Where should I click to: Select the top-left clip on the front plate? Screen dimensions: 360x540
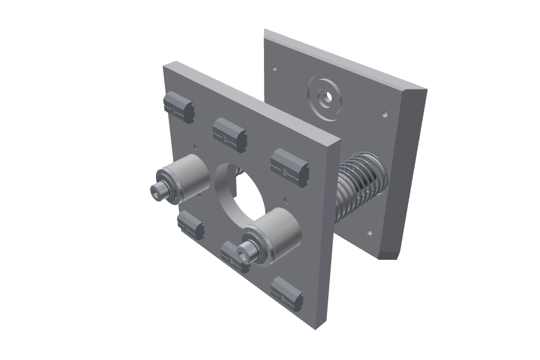click(179, 107)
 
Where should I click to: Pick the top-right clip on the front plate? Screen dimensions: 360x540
click(289, 165)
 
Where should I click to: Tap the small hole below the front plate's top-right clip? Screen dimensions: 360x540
click(286, 197)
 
